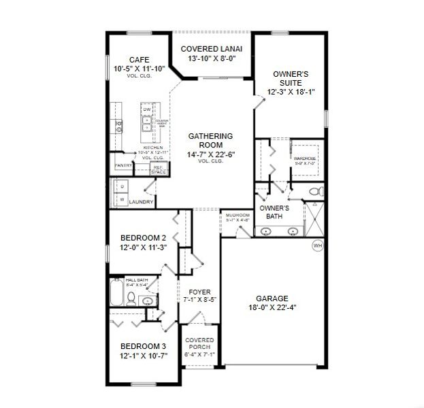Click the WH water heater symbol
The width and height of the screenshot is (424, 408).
(317, 245)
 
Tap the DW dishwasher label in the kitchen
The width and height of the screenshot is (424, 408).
(147, 109)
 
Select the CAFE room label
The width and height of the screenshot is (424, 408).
(138, 60)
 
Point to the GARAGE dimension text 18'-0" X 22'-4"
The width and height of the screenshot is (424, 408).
(272, 307)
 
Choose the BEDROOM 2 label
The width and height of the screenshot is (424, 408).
(144, 237)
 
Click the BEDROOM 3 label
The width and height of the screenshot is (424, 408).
(144, 345)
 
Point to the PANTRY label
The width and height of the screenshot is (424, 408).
(123, 165)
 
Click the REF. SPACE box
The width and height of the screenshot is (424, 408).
(158, 169)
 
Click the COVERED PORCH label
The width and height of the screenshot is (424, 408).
(199, 345)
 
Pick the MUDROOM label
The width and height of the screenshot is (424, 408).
(238, 215)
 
